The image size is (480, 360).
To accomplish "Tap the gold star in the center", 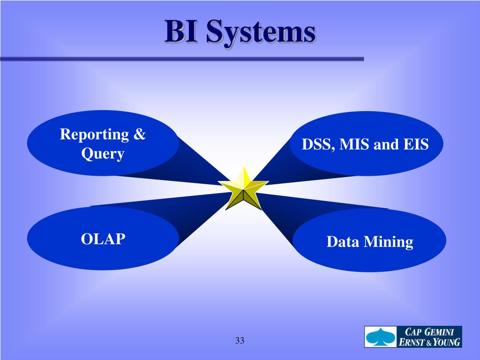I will [243, 189].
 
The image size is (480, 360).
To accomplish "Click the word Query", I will [103, 154].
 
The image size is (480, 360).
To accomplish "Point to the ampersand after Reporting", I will [139, 135].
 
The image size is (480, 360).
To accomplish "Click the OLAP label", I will [103, 239].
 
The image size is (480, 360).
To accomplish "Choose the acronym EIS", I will [415, 144].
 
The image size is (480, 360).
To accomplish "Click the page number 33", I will [240, 340].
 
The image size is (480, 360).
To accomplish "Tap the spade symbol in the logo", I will [380, 337].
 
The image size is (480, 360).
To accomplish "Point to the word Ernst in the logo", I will [411, 342].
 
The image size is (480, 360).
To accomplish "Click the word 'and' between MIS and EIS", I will [386, 144].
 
